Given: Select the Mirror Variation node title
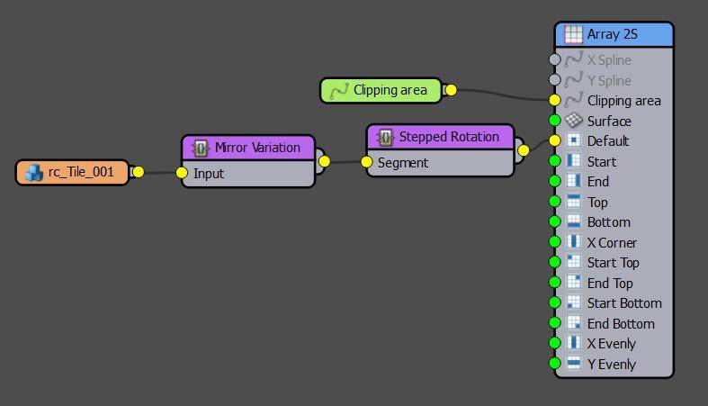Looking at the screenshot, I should point(257,148).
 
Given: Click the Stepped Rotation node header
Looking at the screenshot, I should point(448,137).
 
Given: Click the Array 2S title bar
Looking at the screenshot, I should point(616,35).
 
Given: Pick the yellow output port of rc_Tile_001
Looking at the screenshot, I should point(138,172).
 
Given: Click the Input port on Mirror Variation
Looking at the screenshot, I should point(182,173).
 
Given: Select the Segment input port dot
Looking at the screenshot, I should point(366,163).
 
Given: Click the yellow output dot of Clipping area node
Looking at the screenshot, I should point(451,90).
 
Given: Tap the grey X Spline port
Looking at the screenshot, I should point(554,60).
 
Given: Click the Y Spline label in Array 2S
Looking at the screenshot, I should point(609,80).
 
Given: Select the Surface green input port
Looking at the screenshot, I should point(554,121).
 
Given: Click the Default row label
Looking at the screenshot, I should point(607,141).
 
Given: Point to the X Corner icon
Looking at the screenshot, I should point(573,242).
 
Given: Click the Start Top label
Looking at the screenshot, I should point(613,263).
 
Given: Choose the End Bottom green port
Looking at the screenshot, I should point(554,323).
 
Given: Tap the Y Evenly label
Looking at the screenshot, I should point(611,364).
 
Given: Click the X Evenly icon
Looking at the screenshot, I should point(573,343).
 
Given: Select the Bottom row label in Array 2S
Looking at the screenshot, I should point(608,222).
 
